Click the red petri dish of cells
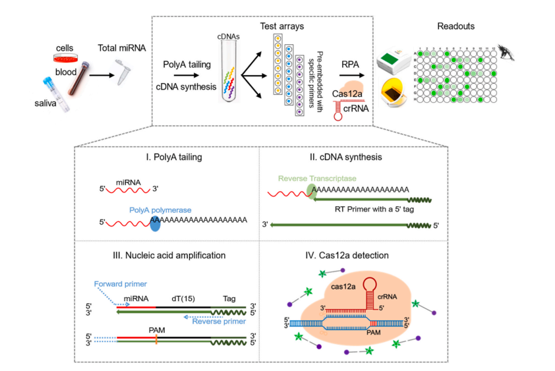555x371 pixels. [64, 59]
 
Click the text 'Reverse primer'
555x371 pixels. [218, 322]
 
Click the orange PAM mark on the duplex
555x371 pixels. [156, 341]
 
